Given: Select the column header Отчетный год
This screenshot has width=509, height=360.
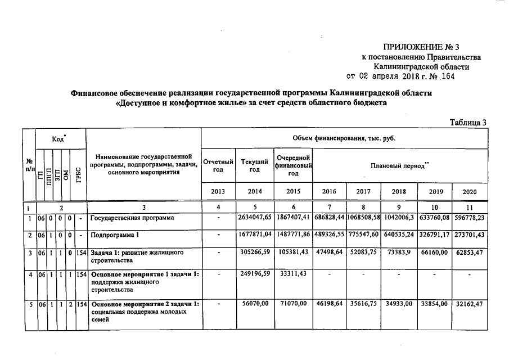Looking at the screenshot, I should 218,166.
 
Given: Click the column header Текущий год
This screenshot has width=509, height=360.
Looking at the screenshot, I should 255,166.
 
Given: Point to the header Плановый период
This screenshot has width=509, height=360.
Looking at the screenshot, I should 400,166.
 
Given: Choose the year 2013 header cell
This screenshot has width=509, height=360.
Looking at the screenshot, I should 218,191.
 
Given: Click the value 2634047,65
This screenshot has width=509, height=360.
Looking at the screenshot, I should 255,218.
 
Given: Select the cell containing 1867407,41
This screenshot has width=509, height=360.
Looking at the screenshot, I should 293,218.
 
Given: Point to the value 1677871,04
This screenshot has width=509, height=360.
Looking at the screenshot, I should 255,234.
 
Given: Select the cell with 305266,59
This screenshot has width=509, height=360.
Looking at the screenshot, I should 255,252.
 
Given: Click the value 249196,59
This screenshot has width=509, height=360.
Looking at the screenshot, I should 255,274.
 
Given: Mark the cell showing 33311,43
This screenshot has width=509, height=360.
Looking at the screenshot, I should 293,274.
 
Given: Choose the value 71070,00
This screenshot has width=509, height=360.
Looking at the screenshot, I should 293,304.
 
